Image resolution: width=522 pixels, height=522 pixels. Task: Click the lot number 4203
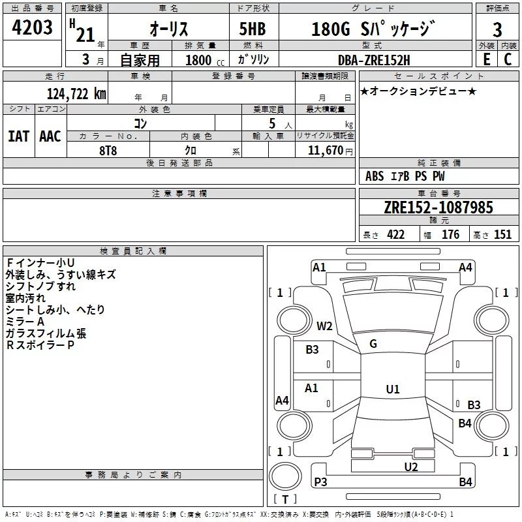click(33, 28)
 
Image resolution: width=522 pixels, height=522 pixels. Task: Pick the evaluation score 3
click(497, 30)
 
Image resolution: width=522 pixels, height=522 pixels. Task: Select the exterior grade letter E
click(486, 59)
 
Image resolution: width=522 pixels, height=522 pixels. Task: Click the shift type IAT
click(18, 136)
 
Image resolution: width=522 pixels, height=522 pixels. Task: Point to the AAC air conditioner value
click(50, 136)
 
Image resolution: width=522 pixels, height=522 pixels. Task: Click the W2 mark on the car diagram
click(324, 326)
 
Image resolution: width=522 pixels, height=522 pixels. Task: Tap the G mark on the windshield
click(373, 344)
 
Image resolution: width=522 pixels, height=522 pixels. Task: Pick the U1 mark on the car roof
click(392, 390)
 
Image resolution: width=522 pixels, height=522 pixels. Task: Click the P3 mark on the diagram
click(320, 482)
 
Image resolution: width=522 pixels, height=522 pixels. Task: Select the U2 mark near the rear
click(410, 466)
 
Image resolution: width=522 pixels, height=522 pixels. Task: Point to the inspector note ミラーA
click(25, 322)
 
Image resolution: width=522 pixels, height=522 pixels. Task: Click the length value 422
click(395, 235)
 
